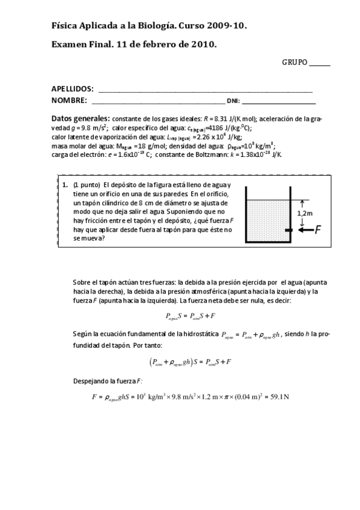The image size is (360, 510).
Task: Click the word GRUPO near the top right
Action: click(x=294, y=63)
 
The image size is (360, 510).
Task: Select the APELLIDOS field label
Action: click(x=72, y=88)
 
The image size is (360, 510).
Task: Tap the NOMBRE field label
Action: click(x=69, y=100)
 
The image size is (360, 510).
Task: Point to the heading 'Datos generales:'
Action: click(x=81, y=118)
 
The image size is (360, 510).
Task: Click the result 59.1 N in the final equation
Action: click(x=278, y=397)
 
